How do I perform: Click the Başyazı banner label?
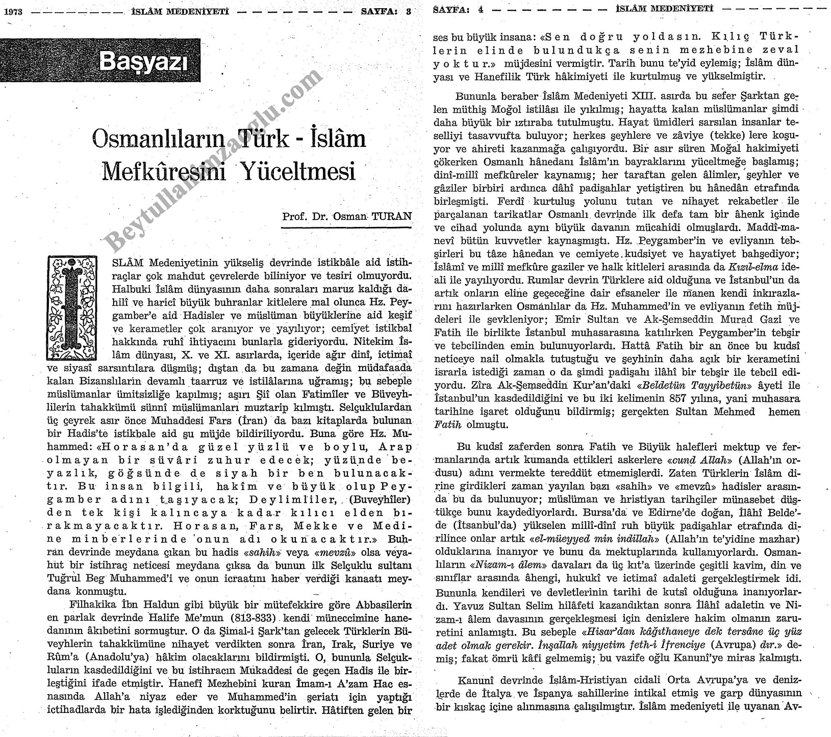tap(143, 62)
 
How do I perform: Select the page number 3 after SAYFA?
tap(408, 13)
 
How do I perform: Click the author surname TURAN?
tap(391, 216)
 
